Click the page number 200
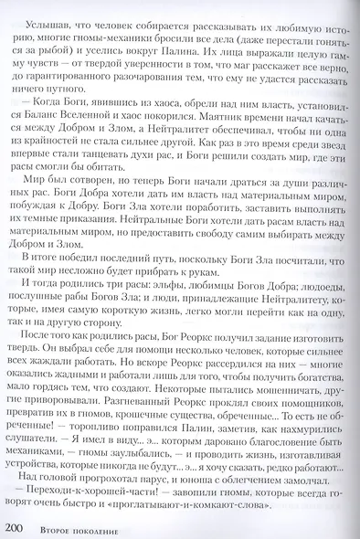[18, 523]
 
